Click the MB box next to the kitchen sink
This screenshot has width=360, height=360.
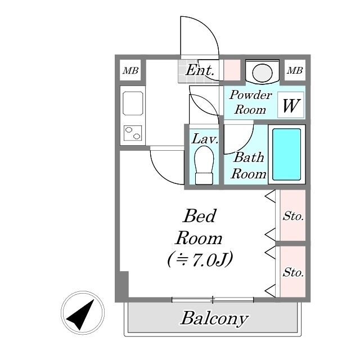click(131, 70)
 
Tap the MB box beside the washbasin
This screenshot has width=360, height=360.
click(295, 70)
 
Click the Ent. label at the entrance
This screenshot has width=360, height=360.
click(200, 70)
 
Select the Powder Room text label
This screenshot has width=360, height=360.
click(250, 102)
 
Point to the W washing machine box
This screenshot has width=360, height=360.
click(291, 105)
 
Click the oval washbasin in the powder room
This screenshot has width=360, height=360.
click(262, 72)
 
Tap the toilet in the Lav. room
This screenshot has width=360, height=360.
click(204, 164)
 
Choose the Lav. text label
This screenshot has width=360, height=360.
click(204, 138)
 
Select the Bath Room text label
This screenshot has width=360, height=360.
click(249, 165)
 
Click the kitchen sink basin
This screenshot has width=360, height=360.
click(133, 104)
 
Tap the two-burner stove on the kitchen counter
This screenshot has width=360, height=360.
click(133, 133)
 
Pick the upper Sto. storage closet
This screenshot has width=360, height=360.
click(293, 215)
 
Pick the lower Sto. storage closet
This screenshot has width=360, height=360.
click(293, 272)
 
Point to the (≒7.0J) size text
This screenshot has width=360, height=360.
click(200, 259)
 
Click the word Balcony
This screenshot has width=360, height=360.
click(214, 319)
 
